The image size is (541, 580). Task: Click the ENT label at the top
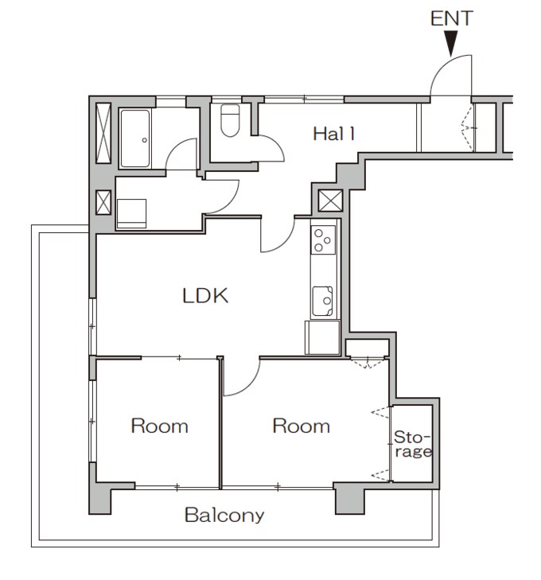451,18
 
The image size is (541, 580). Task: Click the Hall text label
333,134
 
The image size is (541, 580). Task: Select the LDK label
205,297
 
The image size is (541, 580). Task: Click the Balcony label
224,515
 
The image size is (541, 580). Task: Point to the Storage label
412,445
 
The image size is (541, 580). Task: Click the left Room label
159,426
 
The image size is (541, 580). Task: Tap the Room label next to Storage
301,426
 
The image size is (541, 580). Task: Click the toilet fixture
230,121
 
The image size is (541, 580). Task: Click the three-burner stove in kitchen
323,239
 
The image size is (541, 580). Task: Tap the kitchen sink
323,300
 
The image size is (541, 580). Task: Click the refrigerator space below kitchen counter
321,338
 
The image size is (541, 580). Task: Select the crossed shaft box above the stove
329,200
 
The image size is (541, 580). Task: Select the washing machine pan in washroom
132,212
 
